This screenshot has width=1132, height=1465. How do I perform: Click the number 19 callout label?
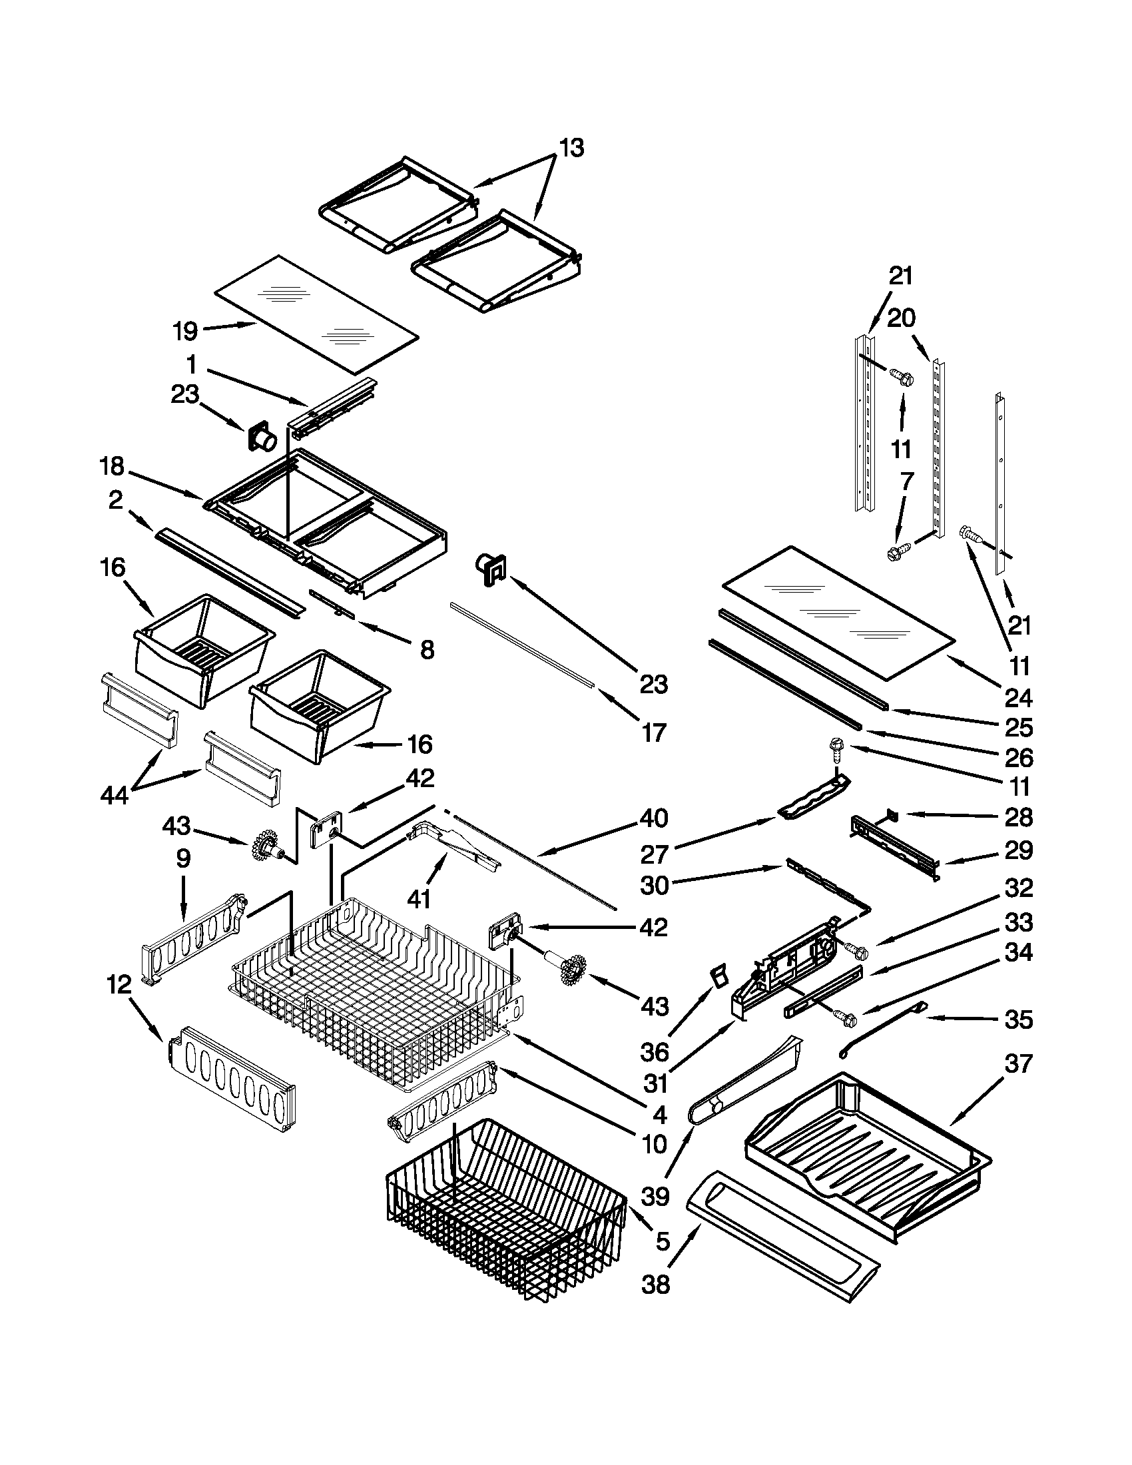point(185,331)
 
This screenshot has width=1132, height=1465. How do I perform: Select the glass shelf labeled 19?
point(315,312)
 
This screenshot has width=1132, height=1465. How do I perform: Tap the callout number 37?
point(1018,1064)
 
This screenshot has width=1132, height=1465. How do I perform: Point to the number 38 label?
point(655,1285)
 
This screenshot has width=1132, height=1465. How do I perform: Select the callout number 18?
point(113,465)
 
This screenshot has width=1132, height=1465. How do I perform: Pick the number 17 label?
point(654,732)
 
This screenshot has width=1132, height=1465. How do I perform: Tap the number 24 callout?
point(1018,698)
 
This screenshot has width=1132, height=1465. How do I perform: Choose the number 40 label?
point(654,818)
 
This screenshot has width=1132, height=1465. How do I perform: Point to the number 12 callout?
point(119,985)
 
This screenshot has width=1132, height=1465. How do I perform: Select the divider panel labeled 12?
point(231,1078)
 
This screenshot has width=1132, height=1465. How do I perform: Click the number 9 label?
point(182,858)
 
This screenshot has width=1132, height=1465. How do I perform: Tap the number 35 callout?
point(1018,1020)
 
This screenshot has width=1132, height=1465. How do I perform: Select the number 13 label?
point(571,147)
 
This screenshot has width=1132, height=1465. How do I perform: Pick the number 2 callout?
point(116,499)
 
